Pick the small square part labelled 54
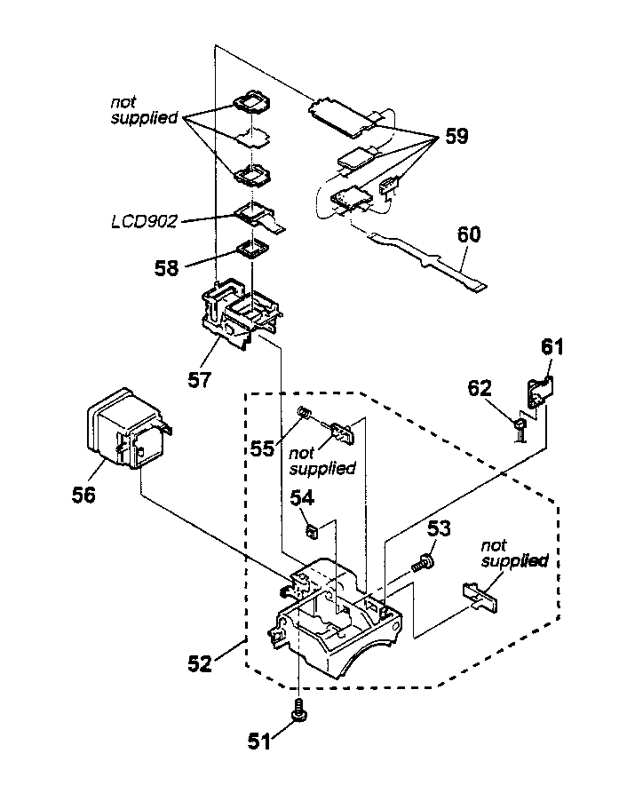pos(312,531)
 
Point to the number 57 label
pos(199,380)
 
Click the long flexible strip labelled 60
pos(426,258)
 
